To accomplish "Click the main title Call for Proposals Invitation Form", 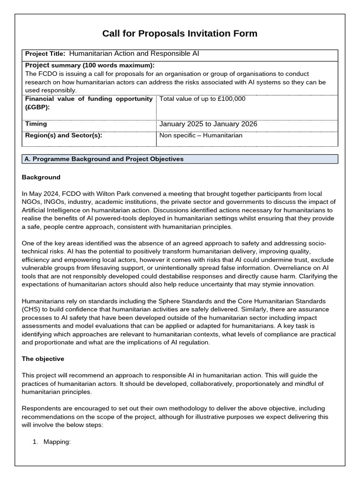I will [x=180, y=33].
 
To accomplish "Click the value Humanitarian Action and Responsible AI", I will [x=134, y=54].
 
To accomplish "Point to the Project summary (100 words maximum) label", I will [x=90, y=65].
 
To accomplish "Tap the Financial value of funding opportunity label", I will [x=89, y=99].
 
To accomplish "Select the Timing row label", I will [x=36, y=124].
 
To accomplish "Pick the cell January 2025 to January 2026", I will [x=208, y=124].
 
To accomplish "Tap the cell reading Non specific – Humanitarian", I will [x=201, y=136].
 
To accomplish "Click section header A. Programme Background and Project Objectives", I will [x=104, y=159].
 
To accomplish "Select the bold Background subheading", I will [x=41, y=177].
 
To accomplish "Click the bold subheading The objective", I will [x=43, y=359].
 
